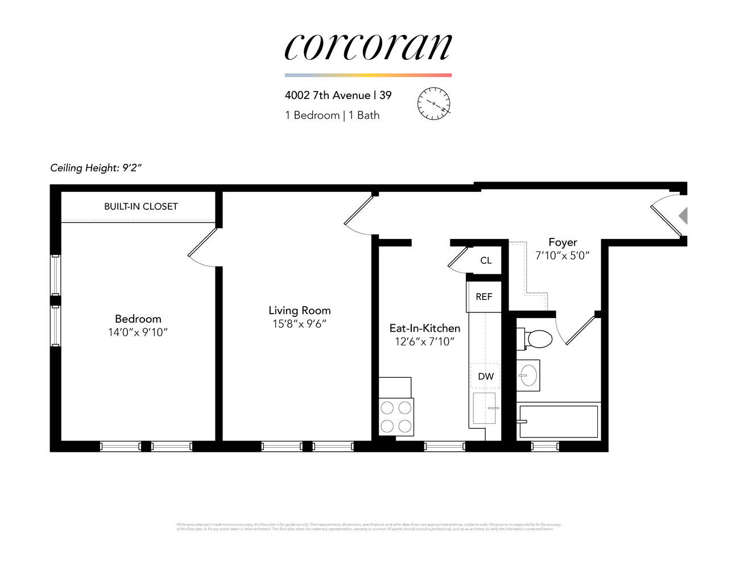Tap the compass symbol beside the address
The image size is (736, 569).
click(434, 104)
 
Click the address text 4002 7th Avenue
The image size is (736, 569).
click(328, 96)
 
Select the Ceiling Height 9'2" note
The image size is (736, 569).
click(96, 168)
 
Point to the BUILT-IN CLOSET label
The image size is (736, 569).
click(140, 207)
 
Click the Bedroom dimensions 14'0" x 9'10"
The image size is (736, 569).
click(138, 332)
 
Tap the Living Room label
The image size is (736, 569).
click(299, 311)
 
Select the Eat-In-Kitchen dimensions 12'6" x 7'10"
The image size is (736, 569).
click(424, 341)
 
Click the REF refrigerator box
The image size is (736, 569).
click(484, 296)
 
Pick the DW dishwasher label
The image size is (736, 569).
click(486, 376)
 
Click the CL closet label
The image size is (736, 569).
click(486, 261)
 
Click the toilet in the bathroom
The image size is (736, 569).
click(536, 339)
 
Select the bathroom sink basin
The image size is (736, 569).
click(529, 375)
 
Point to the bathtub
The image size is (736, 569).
click(559, 421)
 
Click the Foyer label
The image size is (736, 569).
click(563, 242)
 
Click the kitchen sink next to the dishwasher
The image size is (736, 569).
click(485, 408)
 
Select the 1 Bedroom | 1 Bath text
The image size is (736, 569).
click(332, 116)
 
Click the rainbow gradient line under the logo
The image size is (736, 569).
click(368, 75)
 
